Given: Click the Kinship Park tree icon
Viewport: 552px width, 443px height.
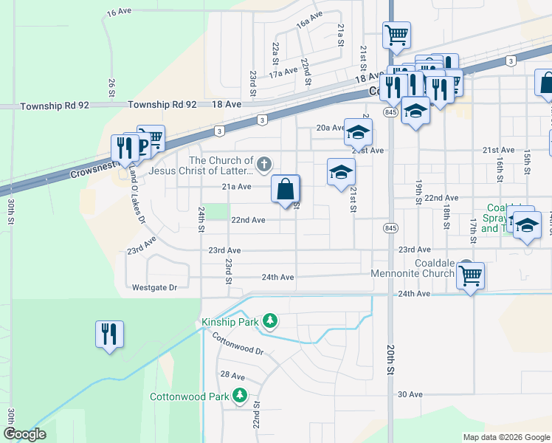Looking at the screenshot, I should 271,320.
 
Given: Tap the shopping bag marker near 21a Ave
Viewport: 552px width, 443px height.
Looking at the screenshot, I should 286,189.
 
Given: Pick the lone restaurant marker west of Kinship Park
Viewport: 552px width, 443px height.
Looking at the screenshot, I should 109,334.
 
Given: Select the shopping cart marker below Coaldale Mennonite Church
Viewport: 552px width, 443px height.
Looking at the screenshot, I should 470,276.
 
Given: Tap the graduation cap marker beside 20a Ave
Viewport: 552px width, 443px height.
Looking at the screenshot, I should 358,133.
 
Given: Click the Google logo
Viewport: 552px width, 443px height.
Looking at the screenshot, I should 24,434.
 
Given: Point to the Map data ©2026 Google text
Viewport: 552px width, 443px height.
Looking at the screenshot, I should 506,437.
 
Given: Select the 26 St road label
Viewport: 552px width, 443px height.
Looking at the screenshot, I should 111,88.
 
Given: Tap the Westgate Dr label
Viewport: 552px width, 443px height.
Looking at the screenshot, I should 155,287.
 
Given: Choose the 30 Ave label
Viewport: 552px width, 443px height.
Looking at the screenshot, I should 410,394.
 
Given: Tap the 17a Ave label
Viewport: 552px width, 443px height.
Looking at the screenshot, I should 283,74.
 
